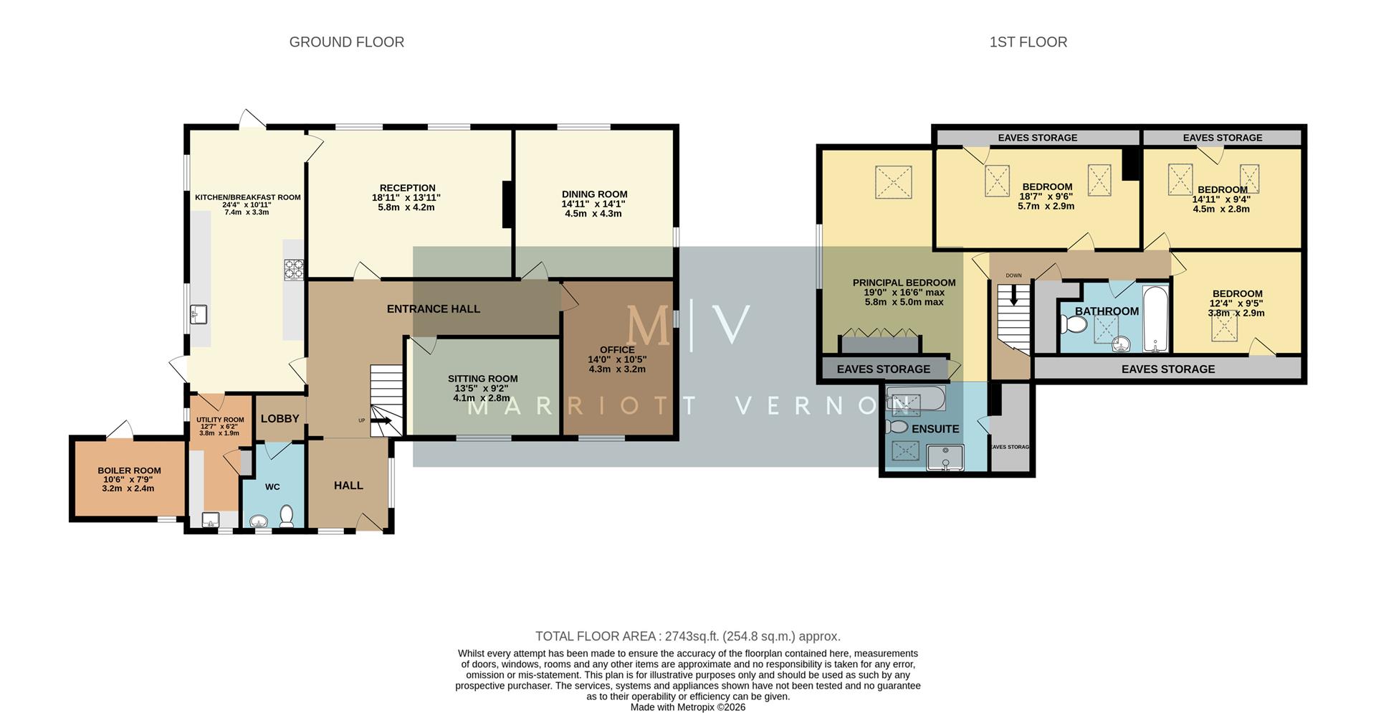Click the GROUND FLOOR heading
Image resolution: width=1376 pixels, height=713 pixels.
[x=346, y=42]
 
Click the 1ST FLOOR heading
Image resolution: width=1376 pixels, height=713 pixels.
[x=1028, y=42]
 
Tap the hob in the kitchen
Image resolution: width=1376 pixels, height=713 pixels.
[x=294, y=269]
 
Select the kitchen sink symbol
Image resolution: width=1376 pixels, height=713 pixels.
[x=199, y=314]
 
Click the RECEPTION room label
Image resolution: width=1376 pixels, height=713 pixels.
[x=407, y=188]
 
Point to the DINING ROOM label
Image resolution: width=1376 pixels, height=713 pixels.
[x=594, y=194]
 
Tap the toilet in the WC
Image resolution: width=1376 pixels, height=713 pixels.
[x=287, y=516]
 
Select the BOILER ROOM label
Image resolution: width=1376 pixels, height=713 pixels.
[x=129, y=471]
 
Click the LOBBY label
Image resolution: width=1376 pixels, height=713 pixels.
[x=279, y=418]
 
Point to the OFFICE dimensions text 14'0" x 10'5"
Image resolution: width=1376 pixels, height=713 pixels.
[x=617, y=359]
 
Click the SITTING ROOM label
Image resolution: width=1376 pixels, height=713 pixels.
[x=482, y=378]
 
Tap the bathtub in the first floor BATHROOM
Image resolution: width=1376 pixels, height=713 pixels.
[x=1155, y=319]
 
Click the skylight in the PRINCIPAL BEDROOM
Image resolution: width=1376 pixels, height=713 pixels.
[x=894, y=181]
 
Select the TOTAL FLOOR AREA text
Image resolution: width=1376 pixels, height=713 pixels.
[x=687, y=636]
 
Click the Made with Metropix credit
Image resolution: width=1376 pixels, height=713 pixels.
[x=687, y=707]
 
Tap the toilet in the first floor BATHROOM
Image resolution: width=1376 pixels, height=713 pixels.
[x=1074, y=325]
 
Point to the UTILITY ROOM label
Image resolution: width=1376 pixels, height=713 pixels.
[x=220, y=420]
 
